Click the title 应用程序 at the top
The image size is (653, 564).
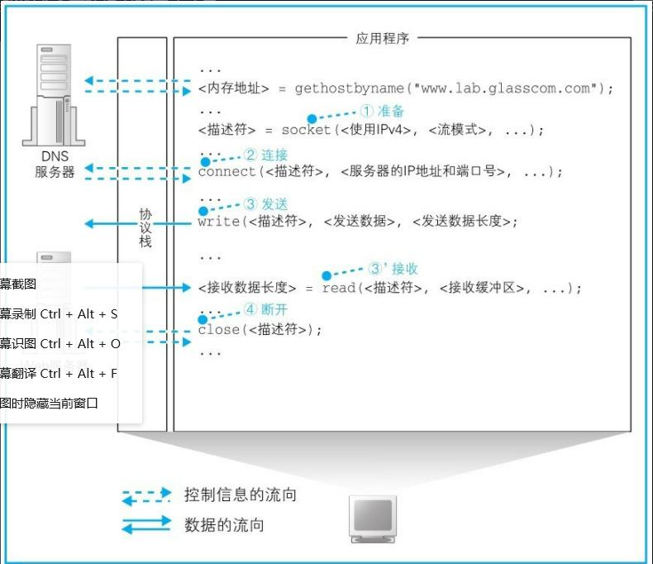coord(383,38)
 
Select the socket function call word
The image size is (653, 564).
coord(306,130)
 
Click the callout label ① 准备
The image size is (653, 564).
coord(382,111)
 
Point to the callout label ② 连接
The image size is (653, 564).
coord(265,155)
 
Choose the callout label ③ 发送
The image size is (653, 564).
coord(265,203)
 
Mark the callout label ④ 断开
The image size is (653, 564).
coord(265,309)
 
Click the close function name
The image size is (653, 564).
coord(219,329)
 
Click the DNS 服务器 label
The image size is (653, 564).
coord(55,165)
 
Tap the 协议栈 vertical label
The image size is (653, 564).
coord(145,227)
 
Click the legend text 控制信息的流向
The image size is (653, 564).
coord(240,495)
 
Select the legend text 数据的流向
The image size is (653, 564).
coord(224,525)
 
